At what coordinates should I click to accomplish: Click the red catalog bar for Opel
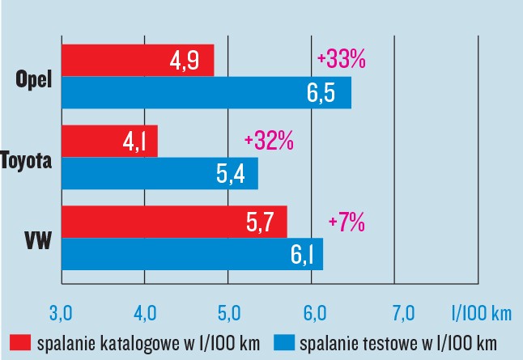coord(138,61)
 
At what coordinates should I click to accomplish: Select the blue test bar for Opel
coord(206,92)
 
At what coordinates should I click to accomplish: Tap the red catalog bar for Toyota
coord(109,141)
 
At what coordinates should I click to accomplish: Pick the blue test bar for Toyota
coord(159,173)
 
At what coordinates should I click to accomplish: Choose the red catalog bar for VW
coord(174,222)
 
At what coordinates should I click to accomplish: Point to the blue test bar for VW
coord(192,254)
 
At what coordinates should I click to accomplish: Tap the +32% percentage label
coord(268,140)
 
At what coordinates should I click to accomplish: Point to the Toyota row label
coord(27,159)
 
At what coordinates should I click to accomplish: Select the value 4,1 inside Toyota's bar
coord(134,142)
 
